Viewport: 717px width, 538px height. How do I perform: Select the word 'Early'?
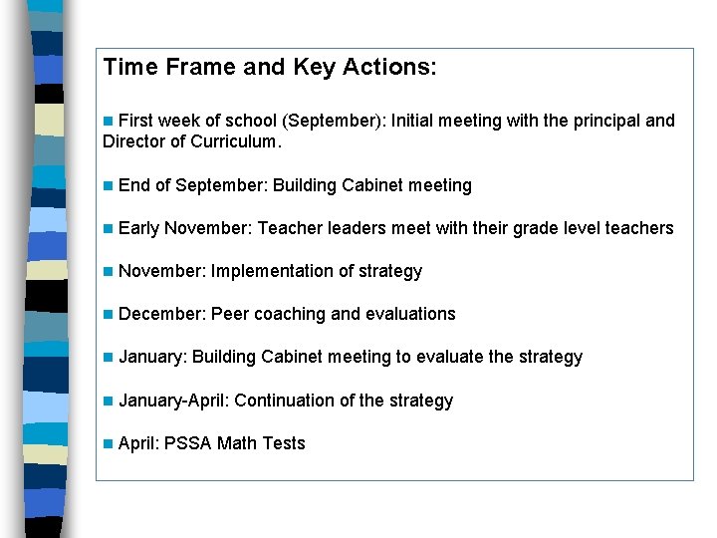click(x=138, y=228)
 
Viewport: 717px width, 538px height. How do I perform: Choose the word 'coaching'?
click(x=290, y=314)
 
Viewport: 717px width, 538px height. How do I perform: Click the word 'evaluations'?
click(x=410, y=314)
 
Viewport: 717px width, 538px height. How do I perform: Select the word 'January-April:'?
click(x=173, y=401)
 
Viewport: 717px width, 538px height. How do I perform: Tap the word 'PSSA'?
click(x=188, y=443)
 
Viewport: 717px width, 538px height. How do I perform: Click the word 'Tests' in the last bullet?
click(x=284, y=443)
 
